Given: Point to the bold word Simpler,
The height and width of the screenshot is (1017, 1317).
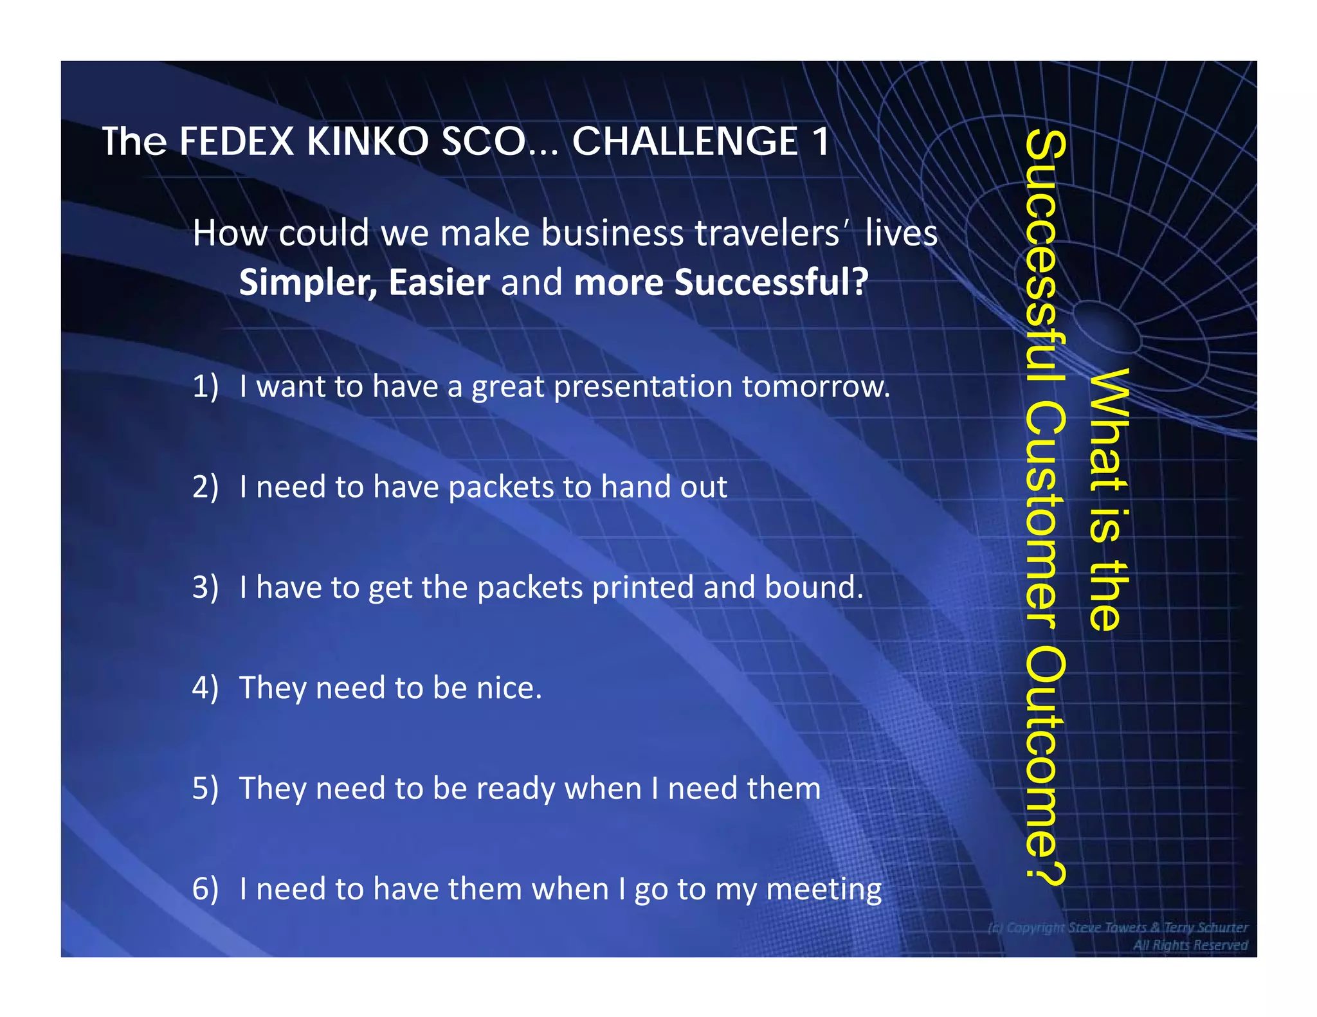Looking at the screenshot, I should pyautogui.click(x=308, y=282).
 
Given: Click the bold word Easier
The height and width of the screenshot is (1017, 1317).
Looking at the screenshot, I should pyautogui.click(x=439, y=282).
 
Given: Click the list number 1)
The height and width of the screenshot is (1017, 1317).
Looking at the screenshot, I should pyautogui.click(x=205, y=386).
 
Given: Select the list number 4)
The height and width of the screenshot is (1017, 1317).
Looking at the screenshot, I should pyautogui.click(x=205, y=688).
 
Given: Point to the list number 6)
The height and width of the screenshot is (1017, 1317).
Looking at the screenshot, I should pyautogui.click(x=205, y=889).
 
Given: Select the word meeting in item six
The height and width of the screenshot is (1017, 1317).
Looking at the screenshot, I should pyautogui.click(x=824, y=890).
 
